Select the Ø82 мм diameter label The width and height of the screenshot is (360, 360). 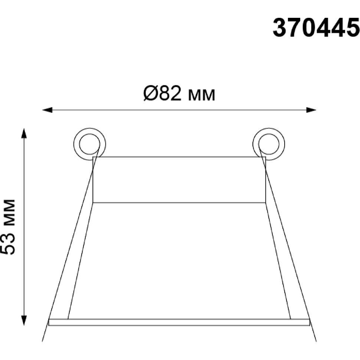[179, 94]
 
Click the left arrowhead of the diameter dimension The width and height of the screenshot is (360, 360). [47, 110]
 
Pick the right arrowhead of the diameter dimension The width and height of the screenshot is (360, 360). [311, 110]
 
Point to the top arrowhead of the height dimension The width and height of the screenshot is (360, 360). [24, 133]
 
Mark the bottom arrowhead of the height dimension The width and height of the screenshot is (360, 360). [24, 321]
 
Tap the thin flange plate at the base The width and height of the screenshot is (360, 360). [179, 322]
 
